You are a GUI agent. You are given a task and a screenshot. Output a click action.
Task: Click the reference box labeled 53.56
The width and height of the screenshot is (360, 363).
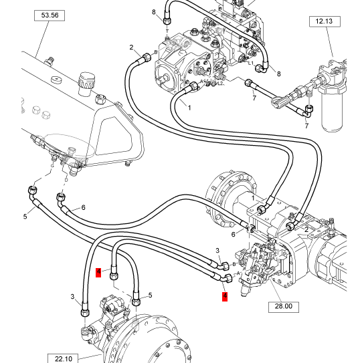coord(50,15)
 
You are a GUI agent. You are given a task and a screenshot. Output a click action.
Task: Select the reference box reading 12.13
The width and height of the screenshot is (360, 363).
coord(325,21)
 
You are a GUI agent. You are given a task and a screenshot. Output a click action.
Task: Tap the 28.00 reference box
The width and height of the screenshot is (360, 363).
coord(284,307)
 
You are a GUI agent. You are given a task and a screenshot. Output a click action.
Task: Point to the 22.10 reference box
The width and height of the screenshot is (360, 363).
coord(63,358)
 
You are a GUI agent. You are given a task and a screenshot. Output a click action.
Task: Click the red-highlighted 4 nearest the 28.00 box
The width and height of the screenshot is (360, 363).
coord(225,297)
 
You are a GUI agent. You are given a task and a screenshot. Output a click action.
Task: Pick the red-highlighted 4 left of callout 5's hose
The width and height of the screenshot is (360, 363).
coord(98,272)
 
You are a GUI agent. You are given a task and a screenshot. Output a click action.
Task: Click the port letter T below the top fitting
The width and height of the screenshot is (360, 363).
coord(167,31)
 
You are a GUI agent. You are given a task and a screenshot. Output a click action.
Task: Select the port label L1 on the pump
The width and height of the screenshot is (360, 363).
coord(251,63)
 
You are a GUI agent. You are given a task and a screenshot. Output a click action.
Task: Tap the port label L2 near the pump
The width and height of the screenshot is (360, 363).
coord(221,83)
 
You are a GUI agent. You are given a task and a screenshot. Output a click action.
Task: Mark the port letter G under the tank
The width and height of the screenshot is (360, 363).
coord(52,166)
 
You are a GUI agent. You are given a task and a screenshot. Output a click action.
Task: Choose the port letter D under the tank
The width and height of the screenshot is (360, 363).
coord(66,180)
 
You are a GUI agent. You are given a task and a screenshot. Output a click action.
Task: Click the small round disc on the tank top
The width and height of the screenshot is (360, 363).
coord(57,80)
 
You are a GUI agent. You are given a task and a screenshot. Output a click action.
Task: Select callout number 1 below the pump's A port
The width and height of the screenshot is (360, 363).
coord(189,108)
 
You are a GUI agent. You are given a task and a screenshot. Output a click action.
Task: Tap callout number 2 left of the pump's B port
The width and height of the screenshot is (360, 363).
coord(131,47)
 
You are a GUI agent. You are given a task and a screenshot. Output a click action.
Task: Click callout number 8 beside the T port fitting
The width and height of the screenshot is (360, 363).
coord(154,12)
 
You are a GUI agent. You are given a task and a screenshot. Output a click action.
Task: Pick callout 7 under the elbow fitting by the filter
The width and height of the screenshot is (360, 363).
coord(306,126)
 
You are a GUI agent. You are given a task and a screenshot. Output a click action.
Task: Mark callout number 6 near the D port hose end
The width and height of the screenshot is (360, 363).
coord(84,207)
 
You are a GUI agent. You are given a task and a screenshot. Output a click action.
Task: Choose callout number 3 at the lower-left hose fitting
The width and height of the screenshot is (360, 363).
coord(72,297)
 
